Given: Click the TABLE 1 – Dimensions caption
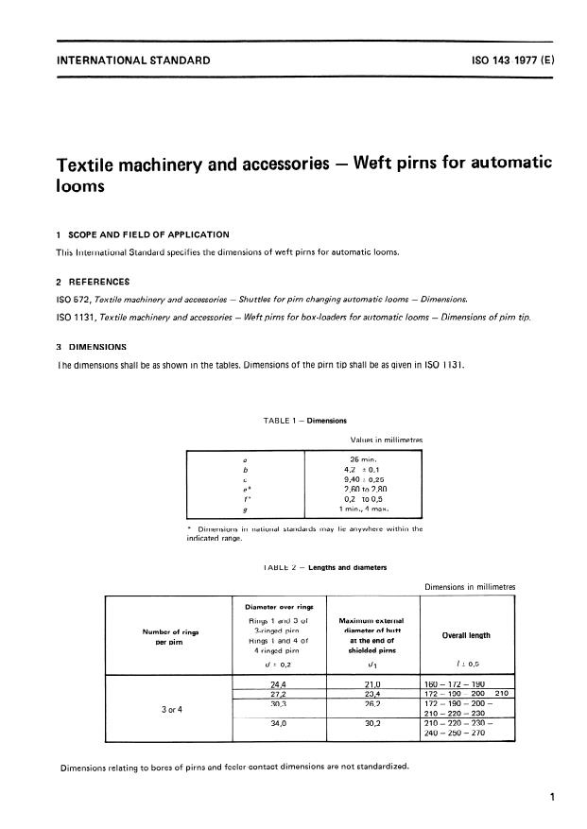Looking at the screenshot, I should pos(294,420).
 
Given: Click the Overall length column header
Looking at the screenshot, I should pos(466,636).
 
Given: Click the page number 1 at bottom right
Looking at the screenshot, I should pos(552,798).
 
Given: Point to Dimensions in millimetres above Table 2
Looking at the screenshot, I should pos(468,586).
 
